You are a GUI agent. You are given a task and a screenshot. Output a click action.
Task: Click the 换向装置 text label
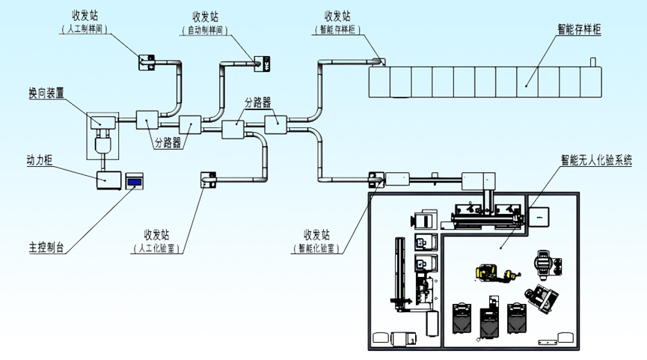(46, 94)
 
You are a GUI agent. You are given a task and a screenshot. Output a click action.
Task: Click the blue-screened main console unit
(135, 180)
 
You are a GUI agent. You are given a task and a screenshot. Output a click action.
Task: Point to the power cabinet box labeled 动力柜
(108, 179)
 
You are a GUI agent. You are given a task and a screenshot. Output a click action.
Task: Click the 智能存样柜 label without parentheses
(580, 29)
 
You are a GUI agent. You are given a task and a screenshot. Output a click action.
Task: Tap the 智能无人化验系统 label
(596, 159)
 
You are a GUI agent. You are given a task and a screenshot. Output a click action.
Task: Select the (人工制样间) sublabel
(84, 29)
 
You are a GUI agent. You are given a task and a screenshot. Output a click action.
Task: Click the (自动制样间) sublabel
(203, 29)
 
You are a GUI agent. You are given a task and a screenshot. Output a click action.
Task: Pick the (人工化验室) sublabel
(159, 247)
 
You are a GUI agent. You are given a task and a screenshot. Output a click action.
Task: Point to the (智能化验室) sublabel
(316, 247)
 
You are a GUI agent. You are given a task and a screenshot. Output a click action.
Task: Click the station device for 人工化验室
(208, 179)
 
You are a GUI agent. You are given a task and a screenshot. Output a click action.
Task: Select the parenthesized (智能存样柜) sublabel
(338, 29)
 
